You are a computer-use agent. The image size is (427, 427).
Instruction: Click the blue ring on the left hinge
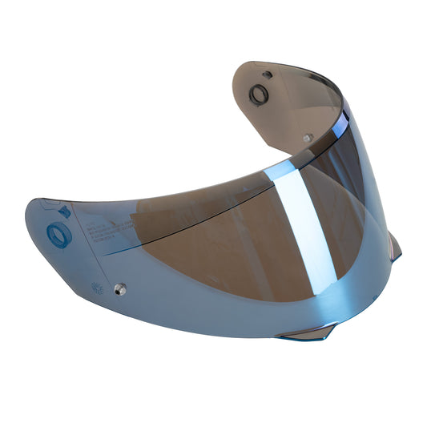[58, 236]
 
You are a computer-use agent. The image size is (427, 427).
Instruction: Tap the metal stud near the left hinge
[121, 288]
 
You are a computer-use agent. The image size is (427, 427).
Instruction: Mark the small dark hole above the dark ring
[268, 75]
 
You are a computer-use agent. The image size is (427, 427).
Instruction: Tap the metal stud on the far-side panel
[307, 138]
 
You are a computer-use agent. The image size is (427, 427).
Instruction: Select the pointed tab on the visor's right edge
[395, 247]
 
